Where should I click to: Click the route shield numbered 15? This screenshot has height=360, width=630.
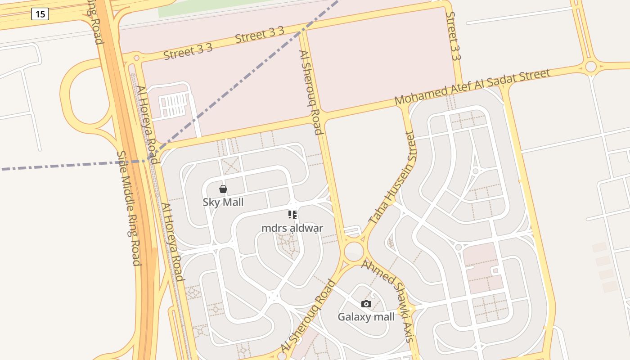(40, 14)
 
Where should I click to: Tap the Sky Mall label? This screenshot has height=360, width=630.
(223, 202)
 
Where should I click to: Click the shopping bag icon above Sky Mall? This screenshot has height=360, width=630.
(223, 189)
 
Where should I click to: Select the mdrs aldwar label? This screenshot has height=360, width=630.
(292, 228)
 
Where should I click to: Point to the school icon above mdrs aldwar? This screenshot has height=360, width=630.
(292, 215)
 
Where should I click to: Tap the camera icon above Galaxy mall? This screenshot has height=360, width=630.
(366, 304)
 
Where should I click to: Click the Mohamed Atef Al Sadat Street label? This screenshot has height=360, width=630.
(472, 87)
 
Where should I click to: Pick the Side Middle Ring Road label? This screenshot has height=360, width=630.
(129, 208)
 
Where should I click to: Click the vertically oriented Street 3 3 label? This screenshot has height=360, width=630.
(453, 36)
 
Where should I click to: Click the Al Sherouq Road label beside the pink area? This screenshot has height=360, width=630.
(311, 92)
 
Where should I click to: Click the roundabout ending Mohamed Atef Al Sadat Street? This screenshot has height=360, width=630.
(591, 67)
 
